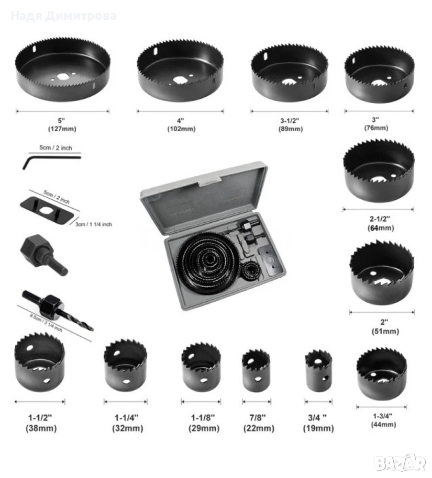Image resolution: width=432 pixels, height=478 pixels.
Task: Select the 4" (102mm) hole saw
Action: (180, 71)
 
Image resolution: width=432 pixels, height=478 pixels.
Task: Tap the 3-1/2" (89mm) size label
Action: (290, 124)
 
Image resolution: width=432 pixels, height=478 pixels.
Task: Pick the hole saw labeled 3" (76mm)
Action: (380, 74)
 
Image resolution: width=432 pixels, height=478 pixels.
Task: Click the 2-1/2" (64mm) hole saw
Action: (379, 170)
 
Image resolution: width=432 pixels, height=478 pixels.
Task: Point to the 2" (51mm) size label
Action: (385, 326)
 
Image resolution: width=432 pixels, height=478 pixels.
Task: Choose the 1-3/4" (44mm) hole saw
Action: (382, 373)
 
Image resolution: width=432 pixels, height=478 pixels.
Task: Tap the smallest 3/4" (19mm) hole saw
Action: (318, 370)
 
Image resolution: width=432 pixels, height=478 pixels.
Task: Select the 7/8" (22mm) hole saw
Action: (256, 370)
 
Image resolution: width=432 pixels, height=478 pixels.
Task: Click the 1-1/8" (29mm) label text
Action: (204, 423)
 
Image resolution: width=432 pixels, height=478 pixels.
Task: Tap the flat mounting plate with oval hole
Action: (47, 211)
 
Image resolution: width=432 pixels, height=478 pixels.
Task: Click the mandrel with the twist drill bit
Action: (57, 310)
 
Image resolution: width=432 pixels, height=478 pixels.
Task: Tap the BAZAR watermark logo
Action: (401, 463)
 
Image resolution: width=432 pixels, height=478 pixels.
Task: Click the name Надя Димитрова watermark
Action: (64, 16)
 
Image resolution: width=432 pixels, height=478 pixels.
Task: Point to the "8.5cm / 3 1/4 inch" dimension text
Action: (46, 323)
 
